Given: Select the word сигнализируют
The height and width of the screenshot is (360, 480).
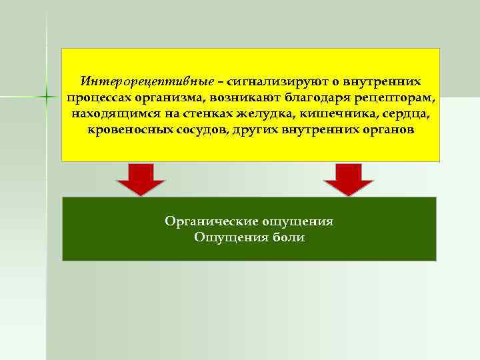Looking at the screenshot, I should [x=273, y=81].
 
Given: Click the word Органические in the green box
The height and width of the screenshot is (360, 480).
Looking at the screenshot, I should [x=211, y=221].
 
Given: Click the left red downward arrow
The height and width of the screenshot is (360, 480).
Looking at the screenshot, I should [x=141, y=179].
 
